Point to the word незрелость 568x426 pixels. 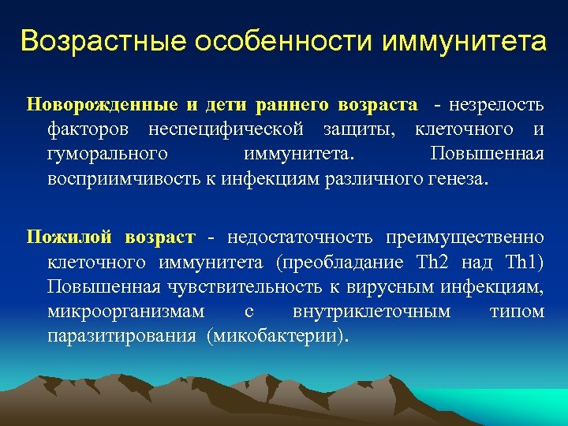click(x=499, y=104)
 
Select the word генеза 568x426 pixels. click(x=460, y=177)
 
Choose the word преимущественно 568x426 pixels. click(x=465, y=237)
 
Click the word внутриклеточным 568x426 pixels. click(x=372, y=312)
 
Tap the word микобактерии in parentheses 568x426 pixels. click(x=275, y=336)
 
